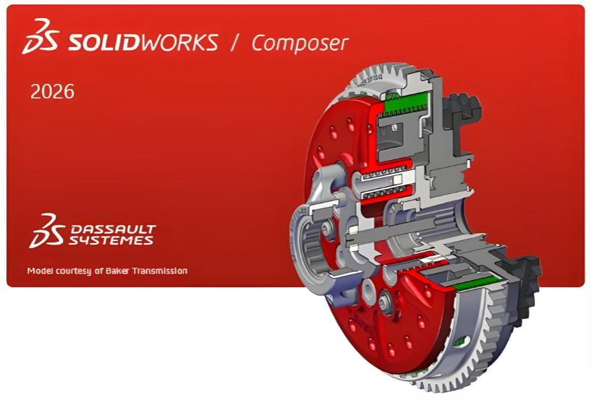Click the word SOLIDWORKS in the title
click(x=143, y=42)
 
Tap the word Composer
click(x=300, y=43)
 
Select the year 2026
click(x=52, y=92)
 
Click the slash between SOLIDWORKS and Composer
click(x=235, y=42)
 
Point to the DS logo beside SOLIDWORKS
click(x=41, y=36)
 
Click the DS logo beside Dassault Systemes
click(x=47, y=231)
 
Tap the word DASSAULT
click(x=114, y=229)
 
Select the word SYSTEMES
click(x=111, y=240)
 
